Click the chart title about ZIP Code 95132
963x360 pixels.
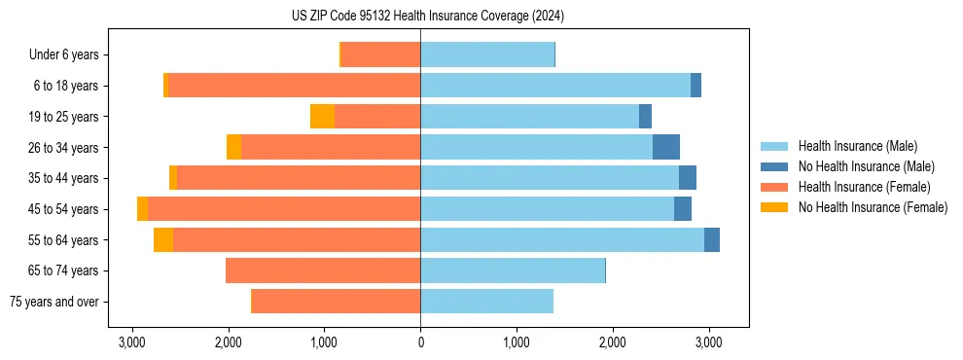(x=427, y=16)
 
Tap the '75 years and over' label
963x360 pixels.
(x=53, y=302)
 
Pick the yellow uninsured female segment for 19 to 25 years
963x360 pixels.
(x=322, y=117)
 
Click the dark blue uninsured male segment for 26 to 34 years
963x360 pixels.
(x=666, y=148)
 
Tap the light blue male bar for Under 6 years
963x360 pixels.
(x=487, y=54)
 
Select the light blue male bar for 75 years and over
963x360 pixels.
(x=486, y=302)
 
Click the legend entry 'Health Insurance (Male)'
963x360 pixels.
(x=857, y=146)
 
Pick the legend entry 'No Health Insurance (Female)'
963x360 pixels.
(x=873, y=207)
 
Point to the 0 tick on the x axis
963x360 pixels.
(x=420, y=342)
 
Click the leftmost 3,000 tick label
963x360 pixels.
(x=132, y=342)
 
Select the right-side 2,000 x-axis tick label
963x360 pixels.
(x=613, y=342)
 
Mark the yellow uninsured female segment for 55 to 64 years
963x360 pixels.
(x=163, y=240)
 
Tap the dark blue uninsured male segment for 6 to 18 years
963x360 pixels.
(x=695, y=86)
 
